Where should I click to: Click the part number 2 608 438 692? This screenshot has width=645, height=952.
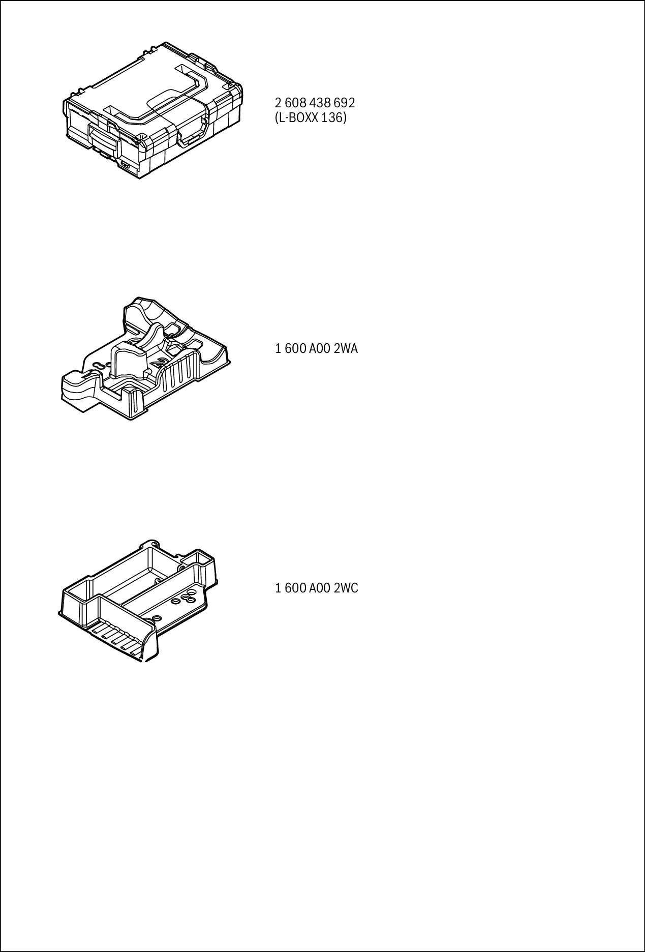tap(315, 103)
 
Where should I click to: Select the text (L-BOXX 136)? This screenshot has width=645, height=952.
tap(311, 118)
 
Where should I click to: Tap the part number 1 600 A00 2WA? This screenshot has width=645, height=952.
tap(316, 349)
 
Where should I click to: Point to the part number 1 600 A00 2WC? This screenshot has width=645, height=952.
tap(316, 588)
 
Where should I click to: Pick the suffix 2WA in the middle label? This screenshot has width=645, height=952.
tap(346, 349)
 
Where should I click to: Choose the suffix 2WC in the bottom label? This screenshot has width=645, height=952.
tap(346, 588)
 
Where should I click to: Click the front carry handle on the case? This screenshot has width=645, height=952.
tap(193, 136)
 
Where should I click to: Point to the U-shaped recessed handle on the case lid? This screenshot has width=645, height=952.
tap(175, 97)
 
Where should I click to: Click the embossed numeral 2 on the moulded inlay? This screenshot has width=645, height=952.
tap(162, 363)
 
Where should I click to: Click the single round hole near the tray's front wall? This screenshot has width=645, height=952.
tap(156, 617)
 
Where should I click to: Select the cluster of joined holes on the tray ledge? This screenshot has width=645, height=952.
tap(189, 596)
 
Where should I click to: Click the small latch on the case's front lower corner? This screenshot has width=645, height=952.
tap(125, 165)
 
